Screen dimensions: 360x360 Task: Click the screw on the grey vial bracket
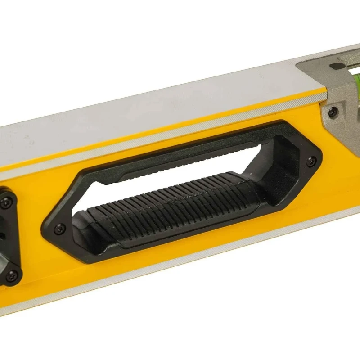(x=333, y=112)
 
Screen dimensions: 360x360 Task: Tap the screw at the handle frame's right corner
(x=310, y=161)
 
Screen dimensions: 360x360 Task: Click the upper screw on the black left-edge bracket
(x=6, y=203)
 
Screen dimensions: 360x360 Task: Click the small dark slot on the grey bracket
(x=335, y=66)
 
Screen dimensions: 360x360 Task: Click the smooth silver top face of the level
(x=135, y=117)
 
